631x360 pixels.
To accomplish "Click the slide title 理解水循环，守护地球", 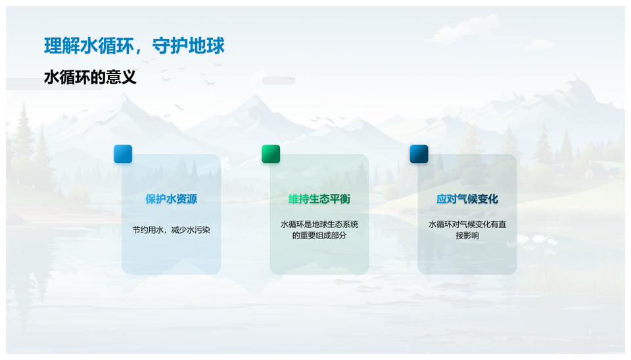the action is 134,46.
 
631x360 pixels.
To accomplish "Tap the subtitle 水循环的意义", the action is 90,77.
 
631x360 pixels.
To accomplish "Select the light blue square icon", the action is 123,154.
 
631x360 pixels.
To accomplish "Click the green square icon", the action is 271,154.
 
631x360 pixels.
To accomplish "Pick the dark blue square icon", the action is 419,154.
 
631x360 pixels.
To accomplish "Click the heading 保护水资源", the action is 172,198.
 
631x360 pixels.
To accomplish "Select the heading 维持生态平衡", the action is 319,198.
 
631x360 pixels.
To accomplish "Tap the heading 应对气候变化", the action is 467,198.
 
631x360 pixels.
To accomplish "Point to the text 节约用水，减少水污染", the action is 172,230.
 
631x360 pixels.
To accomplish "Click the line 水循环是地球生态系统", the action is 319,225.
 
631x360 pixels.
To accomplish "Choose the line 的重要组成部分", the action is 319,235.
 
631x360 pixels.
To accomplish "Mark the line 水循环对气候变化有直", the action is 467,225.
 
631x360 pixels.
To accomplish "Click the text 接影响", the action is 467,235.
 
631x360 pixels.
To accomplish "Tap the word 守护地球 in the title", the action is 189,46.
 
